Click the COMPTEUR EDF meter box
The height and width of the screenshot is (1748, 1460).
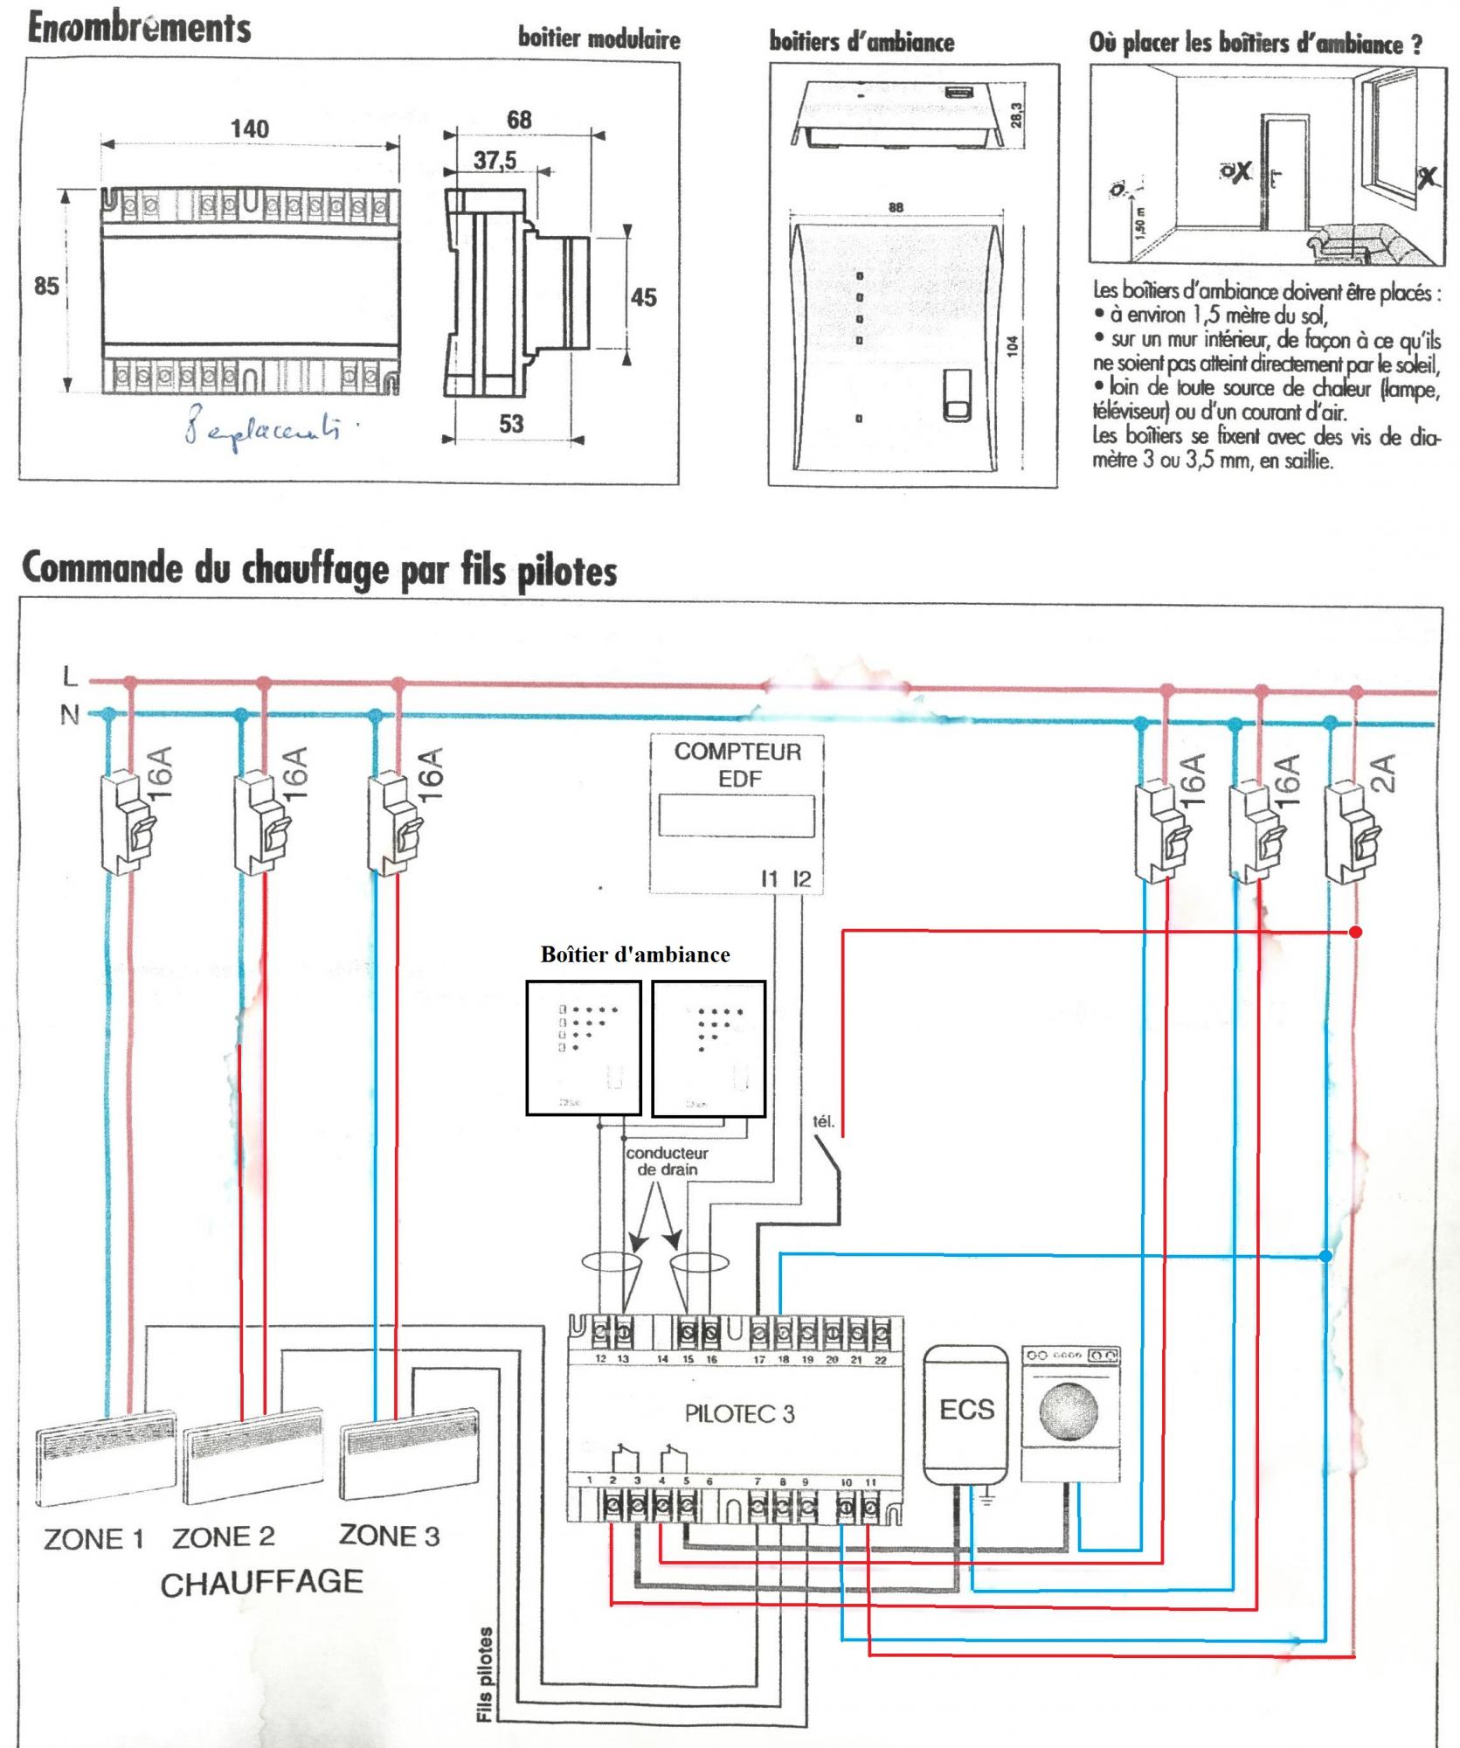pyautogui.click(x=737, y=813)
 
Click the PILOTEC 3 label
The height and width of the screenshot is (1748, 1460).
pyautogui.click(x=739, y=1414)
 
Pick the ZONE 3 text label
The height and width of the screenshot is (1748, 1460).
pyautogui.click(x=389, y=1536)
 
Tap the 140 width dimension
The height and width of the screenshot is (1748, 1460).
pyautogui.click(x=249, y=128)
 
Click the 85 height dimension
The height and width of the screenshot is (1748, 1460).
pyautogui.click(x=46, y=286)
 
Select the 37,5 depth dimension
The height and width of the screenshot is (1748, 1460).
pyautogui.click(x=495, y=161)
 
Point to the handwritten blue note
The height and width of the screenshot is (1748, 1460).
pyautogui.click(x=261, y=430)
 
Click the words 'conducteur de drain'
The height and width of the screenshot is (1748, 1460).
pyautogui.click(x=667, y=1161)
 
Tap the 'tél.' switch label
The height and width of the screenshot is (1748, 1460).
pyautogui.click(x=823, y=1121)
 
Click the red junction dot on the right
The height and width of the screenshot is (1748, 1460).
pyautogui.click(x=1355, y=932)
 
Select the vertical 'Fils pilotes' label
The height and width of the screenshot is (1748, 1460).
pyautogui.click(x=485, y=1674)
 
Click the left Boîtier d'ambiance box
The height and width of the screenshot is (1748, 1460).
pyautogui.click(x=583, y=1047)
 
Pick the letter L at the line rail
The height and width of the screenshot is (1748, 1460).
pyautogui.click(x=70, y=676)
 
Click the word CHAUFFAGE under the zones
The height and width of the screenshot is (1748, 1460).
pyautogui.click(x=261, y=1583)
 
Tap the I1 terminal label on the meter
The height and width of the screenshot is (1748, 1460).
pyautogui.click(x=769, y=879)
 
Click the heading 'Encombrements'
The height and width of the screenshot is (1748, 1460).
pyautogui.click(x=139, y=28)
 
